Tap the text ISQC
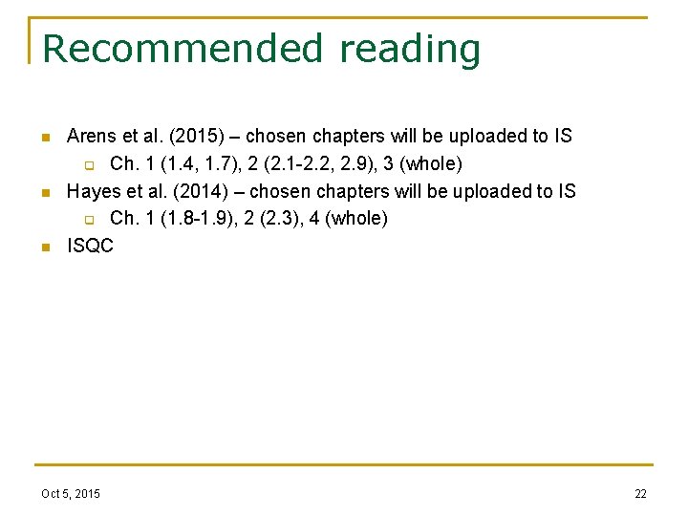90,246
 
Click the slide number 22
640,493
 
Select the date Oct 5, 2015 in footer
71,493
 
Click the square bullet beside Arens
44,138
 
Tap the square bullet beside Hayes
44,193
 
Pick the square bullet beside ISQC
44,247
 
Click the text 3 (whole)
421,163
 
